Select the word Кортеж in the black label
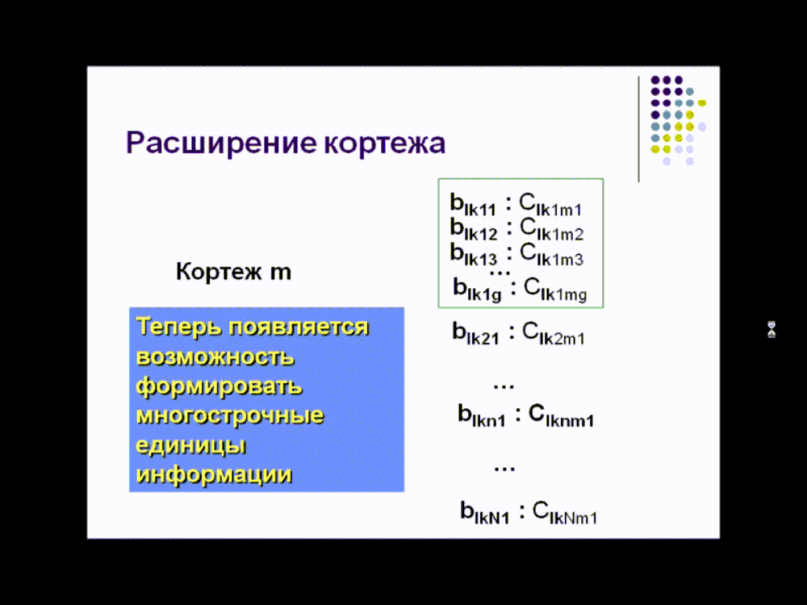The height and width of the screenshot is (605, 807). click(x=219, y=271)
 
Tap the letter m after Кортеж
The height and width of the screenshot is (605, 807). click(x=281, y=273)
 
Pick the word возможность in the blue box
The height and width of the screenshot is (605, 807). click(x=215, y=357)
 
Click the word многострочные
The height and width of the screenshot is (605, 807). click(x=229, y=415)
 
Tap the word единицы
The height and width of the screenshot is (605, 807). click(x=191, y=445)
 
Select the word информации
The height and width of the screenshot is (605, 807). click(x=214, y=475)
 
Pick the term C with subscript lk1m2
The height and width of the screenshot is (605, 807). click(x=551, y=229)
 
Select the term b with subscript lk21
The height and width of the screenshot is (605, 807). click(x=475, y=333)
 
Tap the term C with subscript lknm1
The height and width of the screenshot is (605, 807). click(x=561, y=415)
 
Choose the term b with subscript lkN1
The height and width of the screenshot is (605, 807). click(x=484, y=513)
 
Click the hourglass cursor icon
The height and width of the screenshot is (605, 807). click(x=771, y=329)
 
